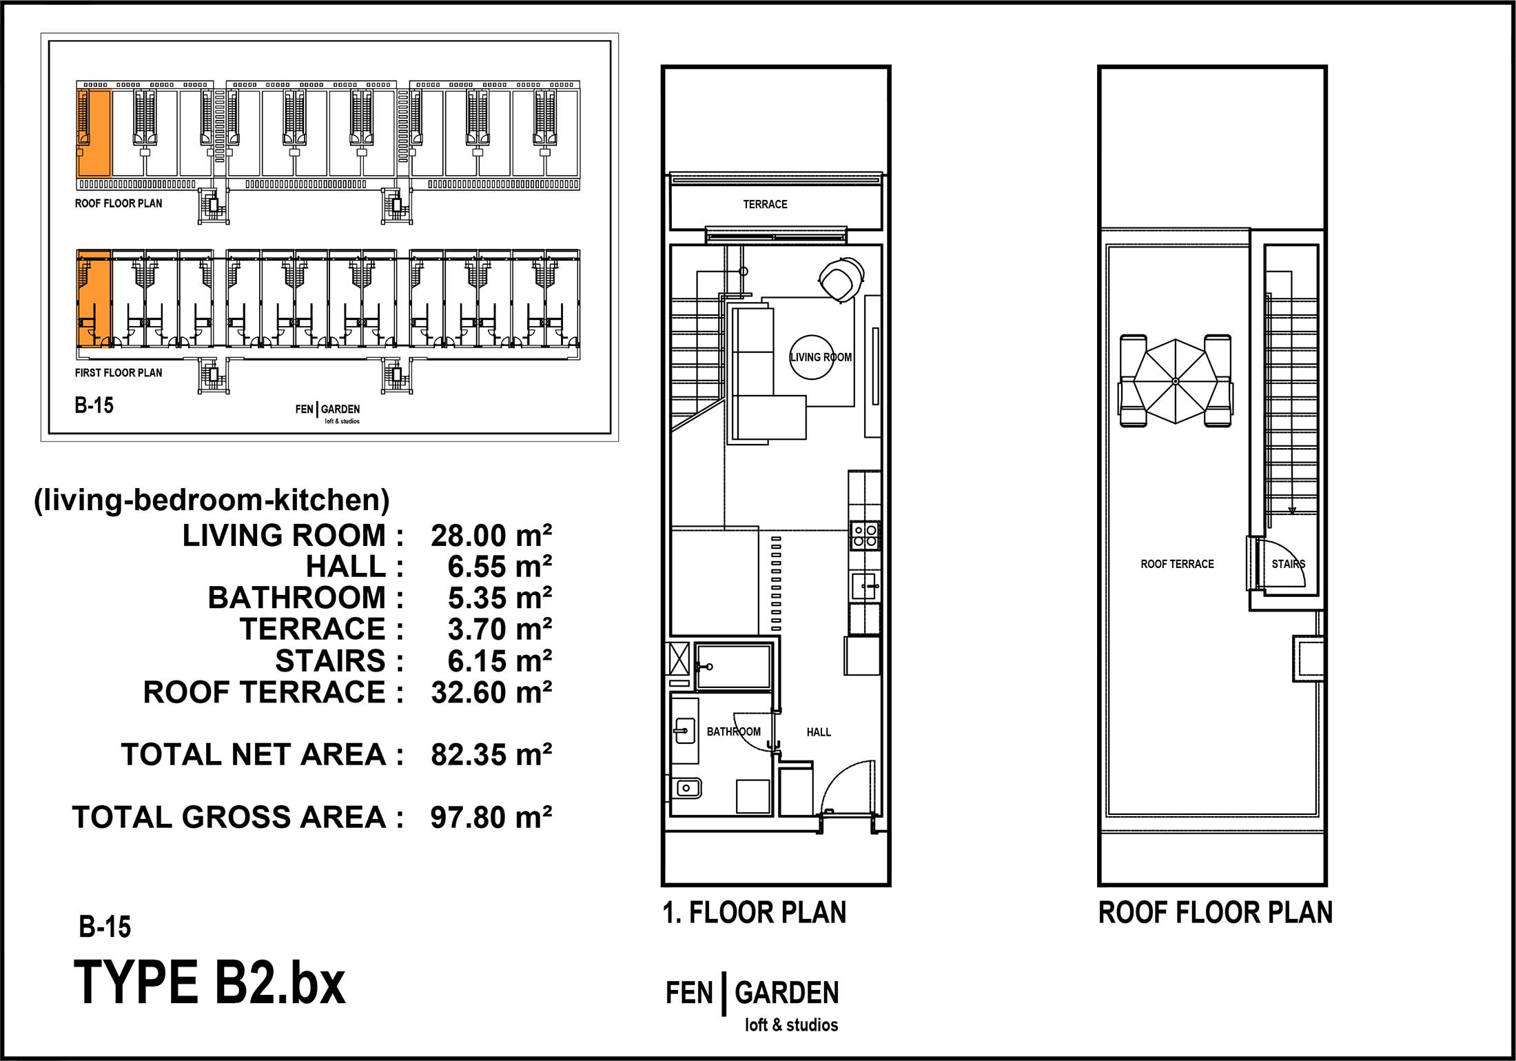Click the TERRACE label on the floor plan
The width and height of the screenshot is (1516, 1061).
765,204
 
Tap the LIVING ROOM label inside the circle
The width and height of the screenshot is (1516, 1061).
821,357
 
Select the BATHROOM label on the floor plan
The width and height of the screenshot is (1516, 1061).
734,731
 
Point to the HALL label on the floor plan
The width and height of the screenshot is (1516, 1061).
819,732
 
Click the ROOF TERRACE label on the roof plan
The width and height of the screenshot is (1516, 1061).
1177,564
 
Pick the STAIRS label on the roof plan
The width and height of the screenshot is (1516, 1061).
1289,564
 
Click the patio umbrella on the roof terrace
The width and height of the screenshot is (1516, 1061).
1176,381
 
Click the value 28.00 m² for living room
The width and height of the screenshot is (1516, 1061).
491,536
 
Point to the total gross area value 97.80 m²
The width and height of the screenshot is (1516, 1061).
491,817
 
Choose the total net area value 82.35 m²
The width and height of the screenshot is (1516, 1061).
491,755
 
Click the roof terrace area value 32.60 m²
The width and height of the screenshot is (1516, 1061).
491,692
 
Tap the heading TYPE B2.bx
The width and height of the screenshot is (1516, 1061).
209,983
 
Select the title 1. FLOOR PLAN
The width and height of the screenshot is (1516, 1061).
755,913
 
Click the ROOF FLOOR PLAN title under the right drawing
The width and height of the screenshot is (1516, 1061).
1216,913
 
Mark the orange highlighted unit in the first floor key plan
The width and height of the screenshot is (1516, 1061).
94,299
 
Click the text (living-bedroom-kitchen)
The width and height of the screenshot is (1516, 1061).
212,500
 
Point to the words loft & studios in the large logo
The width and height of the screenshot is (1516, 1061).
791,1025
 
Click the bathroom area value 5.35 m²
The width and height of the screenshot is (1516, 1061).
500,598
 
